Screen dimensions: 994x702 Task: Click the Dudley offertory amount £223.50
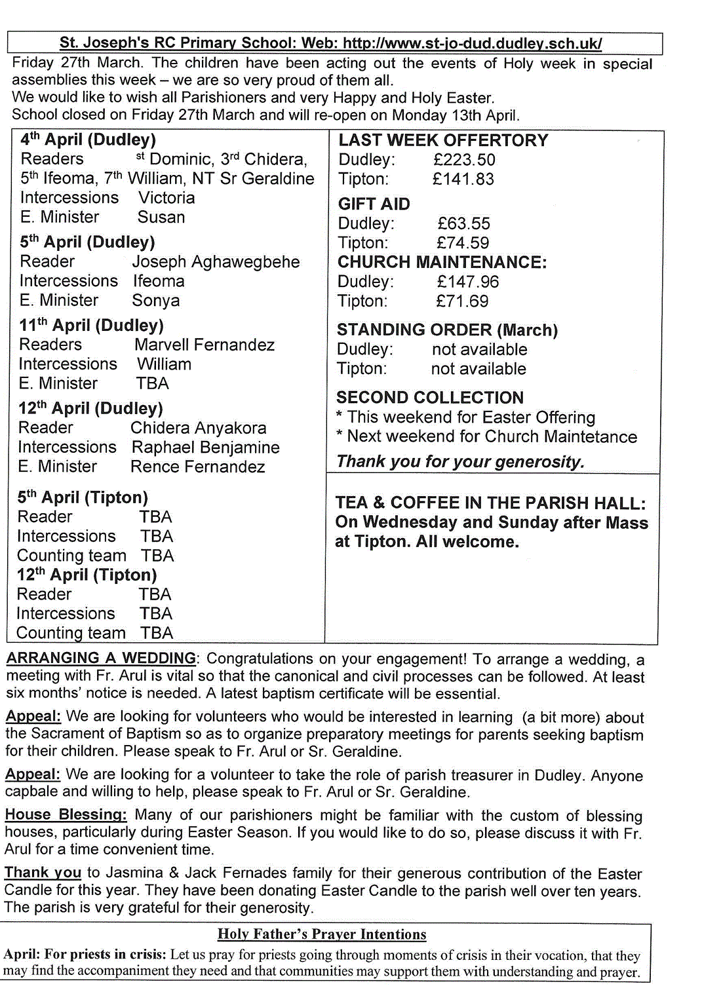click(464, 160)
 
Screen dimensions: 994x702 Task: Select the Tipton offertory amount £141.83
click(463, 179)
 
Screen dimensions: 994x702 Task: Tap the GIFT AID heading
click(374, 204)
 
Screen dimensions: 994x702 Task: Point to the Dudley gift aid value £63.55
click(463, 223)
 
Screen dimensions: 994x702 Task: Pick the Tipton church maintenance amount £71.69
click(462, 301)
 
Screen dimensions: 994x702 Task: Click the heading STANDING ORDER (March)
click(447, 330)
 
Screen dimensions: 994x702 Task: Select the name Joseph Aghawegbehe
click(216, 262)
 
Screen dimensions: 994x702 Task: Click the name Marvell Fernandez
click(205, 345)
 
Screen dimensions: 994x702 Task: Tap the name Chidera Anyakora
click(198, 428)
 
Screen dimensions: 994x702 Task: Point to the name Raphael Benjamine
click(205, 448)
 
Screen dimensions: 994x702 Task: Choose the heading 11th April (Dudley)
click(91, 326)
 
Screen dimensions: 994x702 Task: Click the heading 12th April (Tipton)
click(87, 575)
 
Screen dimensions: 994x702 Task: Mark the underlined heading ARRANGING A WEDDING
click(101, 658)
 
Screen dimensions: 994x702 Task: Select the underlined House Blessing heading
click(66, 814)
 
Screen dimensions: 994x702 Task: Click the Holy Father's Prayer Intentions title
click(322, 934)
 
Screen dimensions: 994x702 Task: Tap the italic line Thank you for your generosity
click(459, 462)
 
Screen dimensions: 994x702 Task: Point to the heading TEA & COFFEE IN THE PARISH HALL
click(490, 503)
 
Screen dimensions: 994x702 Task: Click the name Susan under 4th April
click(161, 218)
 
